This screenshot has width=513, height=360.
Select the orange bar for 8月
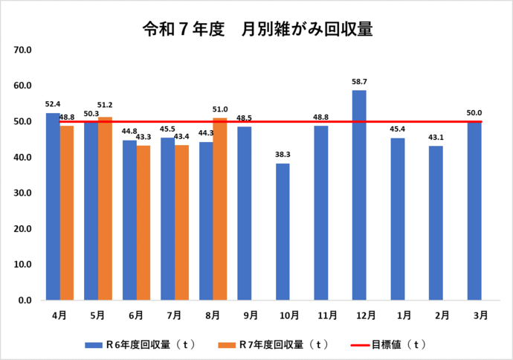tap(219, 209)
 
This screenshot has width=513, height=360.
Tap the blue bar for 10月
tap(283, 231)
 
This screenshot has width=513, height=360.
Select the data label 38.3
tap(283, 154)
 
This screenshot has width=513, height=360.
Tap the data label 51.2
tap(105, 106)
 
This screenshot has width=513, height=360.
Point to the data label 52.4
tap(52, 104)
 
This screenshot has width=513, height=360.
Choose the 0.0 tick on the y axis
tap(24, 300)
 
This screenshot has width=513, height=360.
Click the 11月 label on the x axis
tap(321, 315)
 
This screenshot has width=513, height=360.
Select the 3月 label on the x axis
tap(474, 315)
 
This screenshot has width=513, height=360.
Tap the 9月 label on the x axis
tap(245, 315)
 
